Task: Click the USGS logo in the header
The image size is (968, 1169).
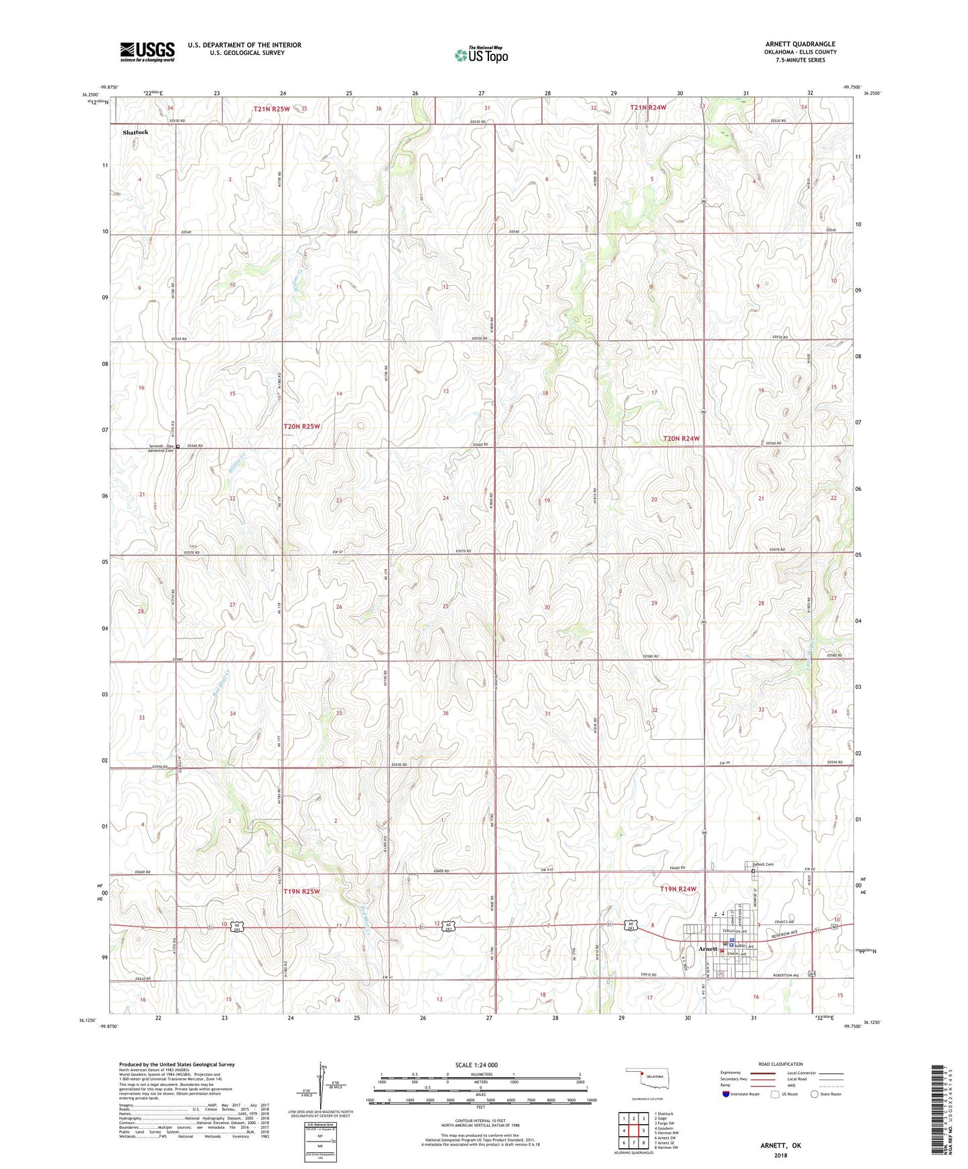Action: [147, 52]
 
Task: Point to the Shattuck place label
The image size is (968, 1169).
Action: [135, 133]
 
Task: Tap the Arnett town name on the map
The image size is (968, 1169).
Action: [707, 949]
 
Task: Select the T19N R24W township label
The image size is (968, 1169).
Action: [678, 889]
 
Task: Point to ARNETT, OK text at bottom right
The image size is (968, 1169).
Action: [780, 1146]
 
